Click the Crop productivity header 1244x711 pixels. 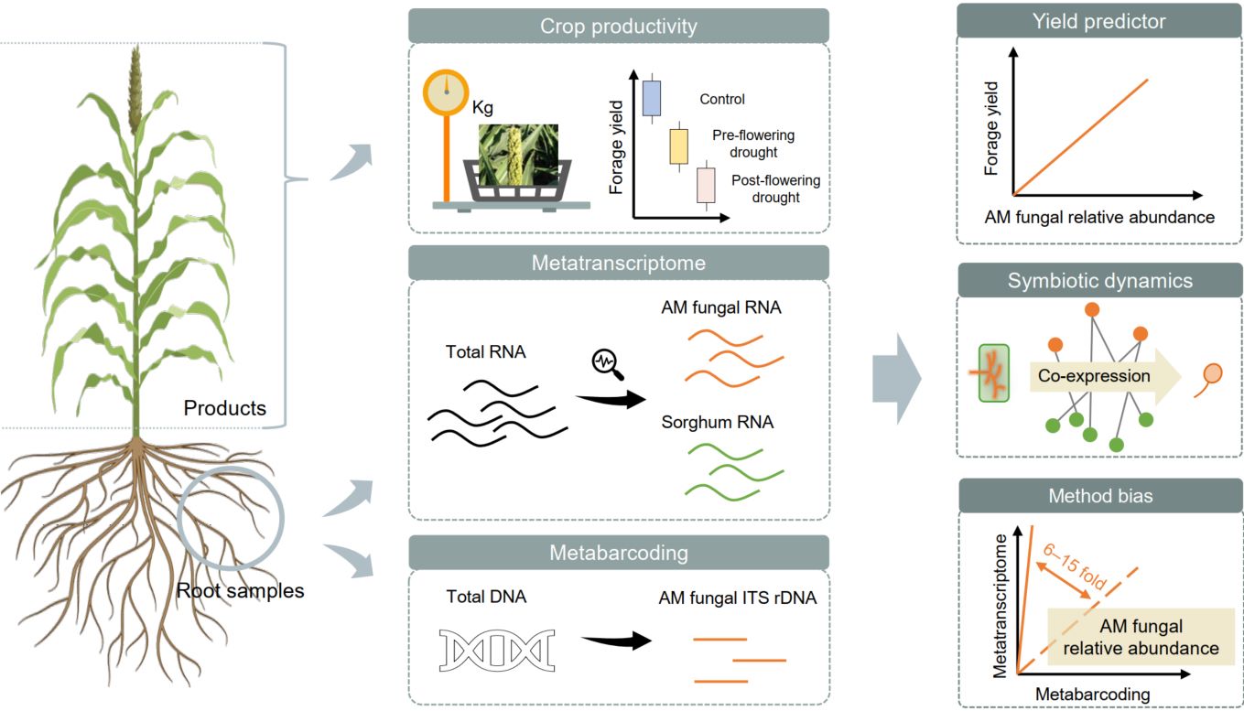click(x=618, y=26)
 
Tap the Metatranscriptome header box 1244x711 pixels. click(x=618, y=264)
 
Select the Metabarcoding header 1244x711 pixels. click(x=618, y=553)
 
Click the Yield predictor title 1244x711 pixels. click(x=1099, y=21)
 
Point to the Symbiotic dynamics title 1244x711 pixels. click(x=1099, y=280)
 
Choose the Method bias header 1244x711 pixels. click(x=1099, y=495)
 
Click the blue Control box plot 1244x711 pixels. click(x=652, y=98)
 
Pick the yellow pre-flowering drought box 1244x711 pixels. click(x=678, y=146)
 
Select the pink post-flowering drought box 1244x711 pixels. click(x=706, y=185)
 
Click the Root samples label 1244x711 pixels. click(x=240, y=591)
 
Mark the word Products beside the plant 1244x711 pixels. click(x=224, y=408)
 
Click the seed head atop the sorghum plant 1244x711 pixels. click(x=135, y=87)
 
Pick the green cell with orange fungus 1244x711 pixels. click(x=993, y=373)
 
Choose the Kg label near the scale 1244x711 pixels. click(x=482, y=108)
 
